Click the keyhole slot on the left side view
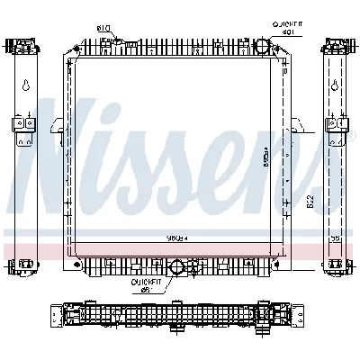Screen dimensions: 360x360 (26, 86)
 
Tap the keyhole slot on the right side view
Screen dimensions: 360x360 (335, 86)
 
